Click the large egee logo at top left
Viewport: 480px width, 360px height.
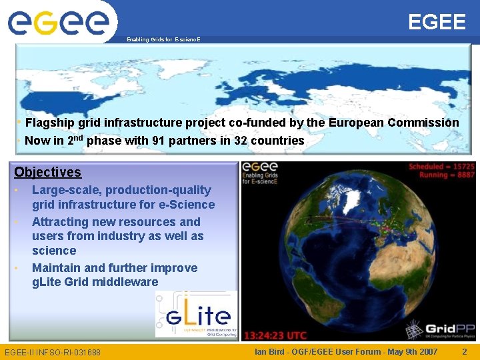tap(58, 22)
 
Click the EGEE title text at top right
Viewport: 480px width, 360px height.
tap(437, 22)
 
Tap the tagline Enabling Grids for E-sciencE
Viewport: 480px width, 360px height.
tap(162, 40)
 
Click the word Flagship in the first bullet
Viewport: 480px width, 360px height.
tap(49, 123)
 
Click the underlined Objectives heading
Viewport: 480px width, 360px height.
tap(47, 172)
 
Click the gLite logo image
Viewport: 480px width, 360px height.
tap(195, 314)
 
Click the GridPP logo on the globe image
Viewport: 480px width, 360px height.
tap(439, 329)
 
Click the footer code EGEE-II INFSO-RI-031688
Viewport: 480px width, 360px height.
tap(53, 352)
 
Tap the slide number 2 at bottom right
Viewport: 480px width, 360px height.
tap(465, 351)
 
